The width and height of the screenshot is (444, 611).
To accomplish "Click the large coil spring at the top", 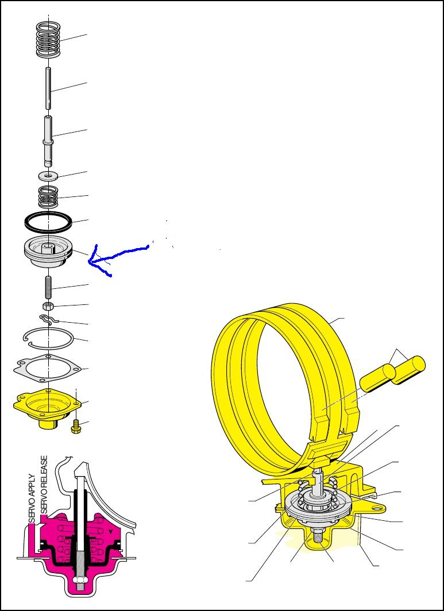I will (x=49, y=39).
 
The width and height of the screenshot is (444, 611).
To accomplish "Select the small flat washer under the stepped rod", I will (x=49, y=174).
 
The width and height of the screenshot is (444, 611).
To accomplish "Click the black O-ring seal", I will (x=48, y=221).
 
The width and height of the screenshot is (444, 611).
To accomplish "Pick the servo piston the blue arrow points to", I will (x=49, y=254).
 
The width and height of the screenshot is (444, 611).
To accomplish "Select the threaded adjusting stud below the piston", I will (x=49, y=285).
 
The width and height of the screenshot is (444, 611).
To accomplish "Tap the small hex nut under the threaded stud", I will (x=49, y=305).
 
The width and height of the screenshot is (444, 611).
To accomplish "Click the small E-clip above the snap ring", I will (x=48, y=319).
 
